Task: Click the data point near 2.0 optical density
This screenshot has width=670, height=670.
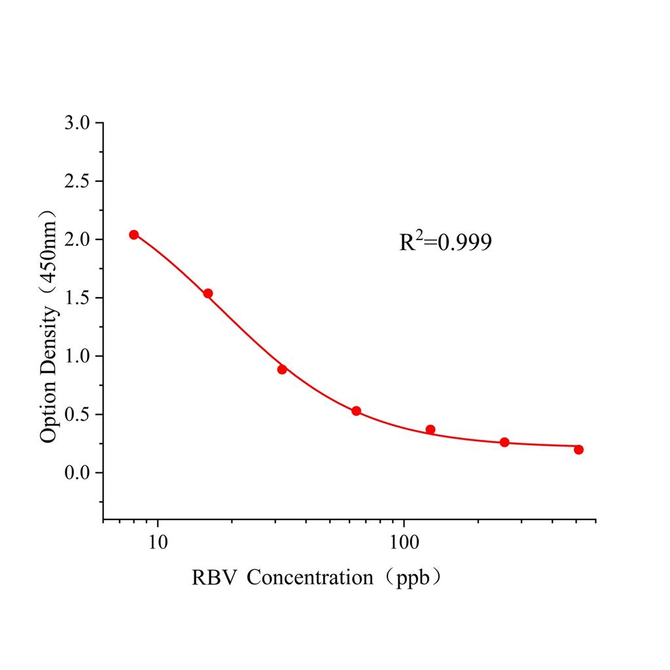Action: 133,234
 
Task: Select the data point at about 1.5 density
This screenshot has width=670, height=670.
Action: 207,293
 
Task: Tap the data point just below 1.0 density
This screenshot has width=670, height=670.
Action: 282,369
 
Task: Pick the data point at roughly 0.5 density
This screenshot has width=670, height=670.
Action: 356,411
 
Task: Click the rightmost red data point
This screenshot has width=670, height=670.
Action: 578,450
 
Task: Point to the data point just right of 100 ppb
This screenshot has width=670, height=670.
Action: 430,429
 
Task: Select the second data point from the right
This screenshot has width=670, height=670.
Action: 504,442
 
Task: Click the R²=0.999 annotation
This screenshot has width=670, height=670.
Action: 446,243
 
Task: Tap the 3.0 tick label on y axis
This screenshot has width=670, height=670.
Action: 78,123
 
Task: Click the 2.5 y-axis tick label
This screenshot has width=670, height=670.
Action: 78,181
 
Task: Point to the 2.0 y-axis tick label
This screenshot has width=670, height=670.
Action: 78,239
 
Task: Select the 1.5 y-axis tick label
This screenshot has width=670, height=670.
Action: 78,298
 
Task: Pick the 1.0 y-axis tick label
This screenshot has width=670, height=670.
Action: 78,356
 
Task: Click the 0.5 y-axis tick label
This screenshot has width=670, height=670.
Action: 78,414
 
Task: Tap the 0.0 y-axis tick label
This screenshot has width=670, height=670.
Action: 78,472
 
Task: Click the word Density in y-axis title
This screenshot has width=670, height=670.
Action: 49,342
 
